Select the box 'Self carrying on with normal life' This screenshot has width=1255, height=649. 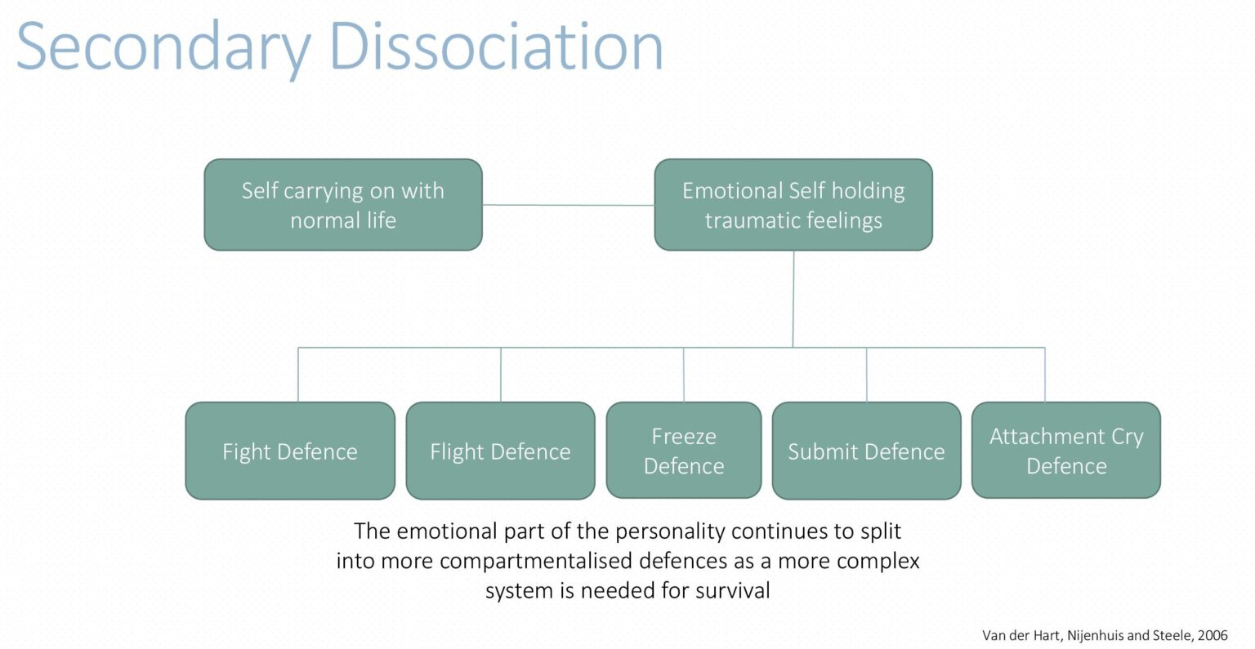click(x=343, y=205)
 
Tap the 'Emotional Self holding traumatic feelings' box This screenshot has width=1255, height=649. click(x=793, y=205)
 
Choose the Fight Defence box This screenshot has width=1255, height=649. click(x=290, y=451)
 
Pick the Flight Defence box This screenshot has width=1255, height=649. click(x=500, y=451)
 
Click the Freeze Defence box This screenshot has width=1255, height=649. click(x=684, y=451)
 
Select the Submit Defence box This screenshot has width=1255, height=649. click(x=866, y=451)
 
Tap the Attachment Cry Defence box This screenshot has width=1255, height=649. click(x=1065, y=451)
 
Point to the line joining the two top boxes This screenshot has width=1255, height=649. click(x=568, y=205)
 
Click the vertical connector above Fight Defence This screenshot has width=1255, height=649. click(x=298, y=375)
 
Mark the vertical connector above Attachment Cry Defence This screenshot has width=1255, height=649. click(x=1045, y=375)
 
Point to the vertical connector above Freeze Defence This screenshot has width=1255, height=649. click(x=684, y=375)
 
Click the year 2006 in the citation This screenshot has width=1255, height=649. click(x=1213, y=635)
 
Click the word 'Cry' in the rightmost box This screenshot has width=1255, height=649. click(x=1127, y=437)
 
